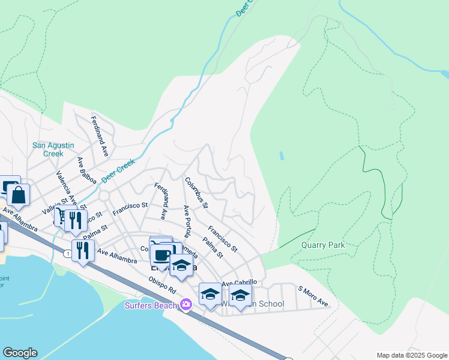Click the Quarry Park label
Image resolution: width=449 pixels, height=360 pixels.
click(x=322, y=245)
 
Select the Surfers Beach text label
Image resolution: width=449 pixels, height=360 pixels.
click(x=151, y=305)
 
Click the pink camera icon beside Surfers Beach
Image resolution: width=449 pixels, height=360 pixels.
click(x=185, y=305)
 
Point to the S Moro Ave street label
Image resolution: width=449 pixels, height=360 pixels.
click(x=313, y=296)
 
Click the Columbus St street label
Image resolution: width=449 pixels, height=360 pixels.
click(x=196, y=193)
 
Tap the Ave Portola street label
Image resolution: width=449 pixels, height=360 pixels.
click(x=187, y=221)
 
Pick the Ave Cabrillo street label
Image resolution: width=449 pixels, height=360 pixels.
click(x=240, y=283)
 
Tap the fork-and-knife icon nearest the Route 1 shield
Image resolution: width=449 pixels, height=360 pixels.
click(x=83, y=250)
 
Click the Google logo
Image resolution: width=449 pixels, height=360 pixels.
click(x=20, y=353)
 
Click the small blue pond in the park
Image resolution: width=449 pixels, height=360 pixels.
click(x=282, y=156)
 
